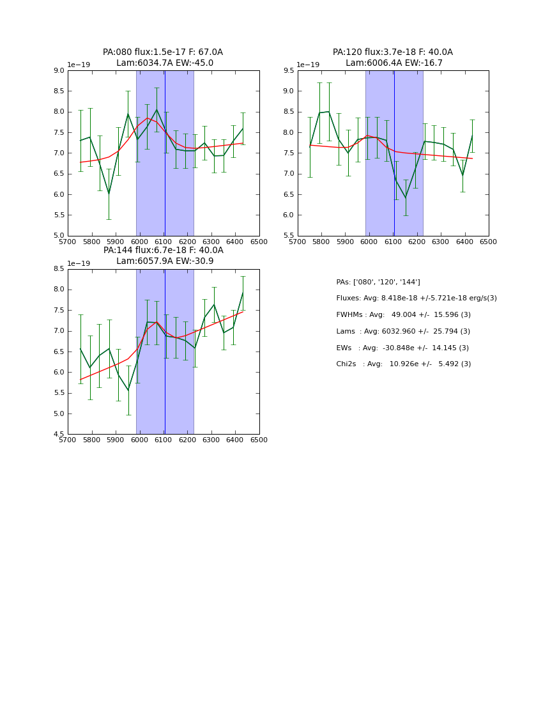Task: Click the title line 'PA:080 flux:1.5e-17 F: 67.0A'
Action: click(163, 52)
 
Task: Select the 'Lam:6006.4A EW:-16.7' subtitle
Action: click(394, 63)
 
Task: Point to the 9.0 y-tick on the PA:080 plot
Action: click(58, 71)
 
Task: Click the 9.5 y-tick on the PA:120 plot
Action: click(287, 71)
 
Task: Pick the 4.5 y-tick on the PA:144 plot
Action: click(58, 435)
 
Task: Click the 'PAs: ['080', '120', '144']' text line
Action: click(378, 282)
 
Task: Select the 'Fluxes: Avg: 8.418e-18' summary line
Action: click(416, 298)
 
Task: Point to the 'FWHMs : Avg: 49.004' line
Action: click(403, 315)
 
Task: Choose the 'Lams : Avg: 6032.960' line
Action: click(403, 332)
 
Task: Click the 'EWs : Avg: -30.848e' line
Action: click(403, 348)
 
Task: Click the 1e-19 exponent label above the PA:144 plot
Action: click(79, 263)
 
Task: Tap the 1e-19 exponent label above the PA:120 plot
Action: click(308, 65)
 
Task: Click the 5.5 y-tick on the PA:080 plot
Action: click(58, 215)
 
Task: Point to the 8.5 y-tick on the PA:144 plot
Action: click(58, 269)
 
